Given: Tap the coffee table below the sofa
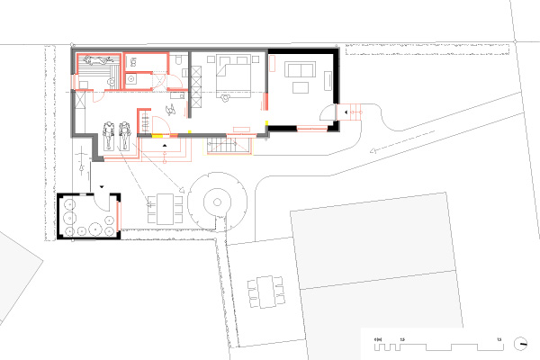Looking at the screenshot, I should [299, 87].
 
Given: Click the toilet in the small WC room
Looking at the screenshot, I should [133, 61].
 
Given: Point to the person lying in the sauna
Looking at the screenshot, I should [92, 62].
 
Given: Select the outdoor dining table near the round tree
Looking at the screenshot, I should [164, 208].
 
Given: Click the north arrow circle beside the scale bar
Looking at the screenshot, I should [521, 343].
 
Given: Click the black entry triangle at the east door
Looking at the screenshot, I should [337, 111].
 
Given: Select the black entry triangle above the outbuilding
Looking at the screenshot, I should [103, 185].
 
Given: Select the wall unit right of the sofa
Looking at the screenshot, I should [328, 80].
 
